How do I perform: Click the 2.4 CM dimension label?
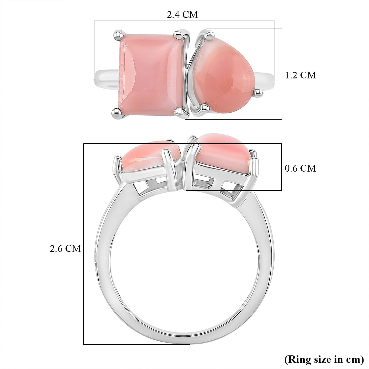(182, 14)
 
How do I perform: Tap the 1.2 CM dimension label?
(300, 75)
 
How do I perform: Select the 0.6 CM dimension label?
(300, 168)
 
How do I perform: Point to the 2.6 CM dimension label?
(65, 248)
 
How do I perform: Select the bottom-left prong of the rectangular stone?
(118, 112)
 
